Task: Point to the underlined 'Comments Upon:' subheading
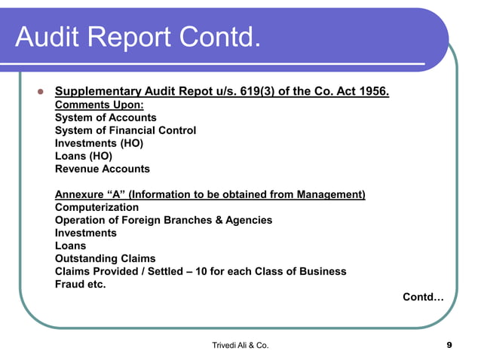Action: tap(100, 105)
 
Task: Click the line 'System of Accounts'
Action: tap(106, 117)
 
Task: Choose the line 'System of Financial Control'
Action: tap(125, 130)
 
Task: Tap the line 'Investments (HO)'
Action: tap(99, 143)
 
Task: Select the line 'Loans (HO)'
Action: tap(84, 156)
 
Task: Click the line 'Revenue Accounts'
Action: tap(103, 169)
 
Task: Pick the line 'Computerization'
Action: tap(97, 207)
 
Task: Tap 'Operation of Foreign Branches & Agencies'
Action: tap(164, 220)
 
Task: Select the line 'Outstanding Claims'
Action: tap(104, 258)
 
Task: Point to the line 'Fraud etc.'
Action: tap(81, 284)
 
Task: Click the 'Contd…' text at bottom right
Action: tap(423, 297)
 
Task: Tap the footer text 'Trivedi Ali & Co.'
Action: tap(240, 345)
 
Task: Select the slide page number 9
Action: tap(449, 345)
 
